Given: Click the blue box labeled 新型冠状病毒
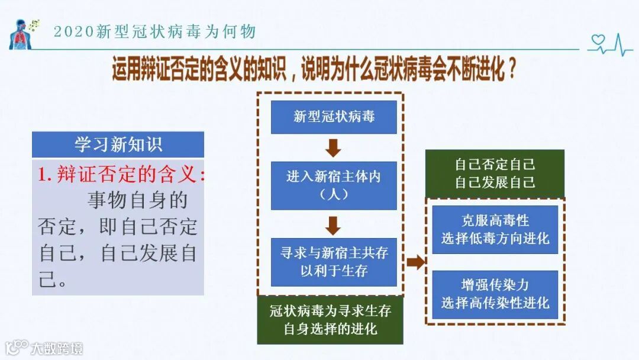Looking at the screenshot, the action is pyautogui.click(x=334, y=117).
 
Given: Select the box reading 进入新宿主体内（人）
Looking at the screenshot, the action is pyautogui.click(x=334, y=185).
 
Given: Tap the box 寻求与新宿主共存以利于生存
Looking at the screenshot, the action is pyautogui.click(x=334, y=262).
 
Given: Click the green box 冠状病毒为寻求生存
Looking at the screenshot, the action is pyautogui.click(x=330, y=320).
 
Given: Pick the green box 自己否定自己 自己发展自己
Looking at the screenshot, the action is pyautogui.click(x=495, y=173).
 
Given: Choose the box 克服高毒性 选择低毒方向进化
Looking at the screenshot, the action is pyautogui.click(x=495, y=230).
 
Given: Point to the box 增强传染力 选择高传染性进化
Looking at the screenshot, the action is pyautogui.click(x=495, y=294).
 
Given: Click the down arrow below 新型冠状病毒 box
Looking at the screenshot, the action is pyautogui.click(x=334, y=147).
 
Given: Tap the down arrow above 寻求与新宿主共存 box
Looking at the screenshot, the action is pyautogui.click(x=334, y=224).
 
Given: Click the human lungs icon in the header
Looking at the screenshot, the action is pyautogui.click(x=20, y=35).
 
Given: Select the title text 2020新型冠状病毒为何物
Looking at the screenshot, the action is pyautogui.click(x=154, y=31).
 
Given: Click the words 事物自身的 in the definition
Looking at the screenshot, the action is pyautogui.click(x=137, y=200).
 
